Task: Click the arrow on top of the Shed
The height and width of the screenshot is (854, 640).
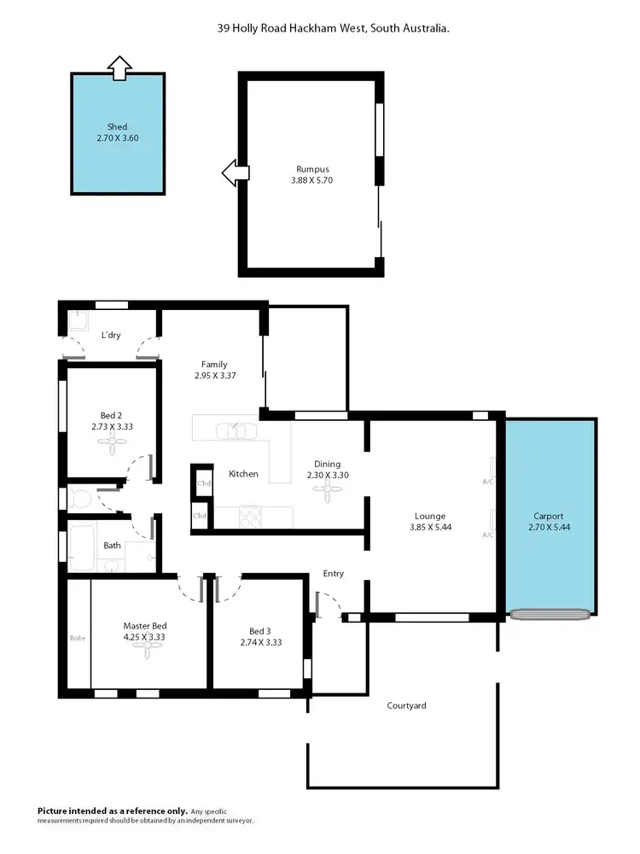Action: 120,67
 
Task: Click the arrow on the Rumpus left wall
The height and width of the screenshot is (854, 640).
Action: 234,173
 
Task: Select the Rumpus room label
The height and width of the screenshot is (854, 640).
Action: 312,169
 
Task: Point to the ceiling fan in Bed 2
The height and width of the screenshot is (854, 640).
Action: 112,441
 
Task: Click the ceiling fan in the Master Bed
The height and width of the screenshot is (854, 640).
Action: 151,649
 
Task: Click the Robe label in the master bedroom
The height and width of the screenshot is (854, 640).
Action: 78,637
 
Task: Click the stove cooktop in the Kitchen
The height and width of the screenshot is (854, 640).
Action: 250,515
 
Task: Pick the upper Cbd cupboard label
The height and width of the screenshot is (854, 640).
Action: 203,483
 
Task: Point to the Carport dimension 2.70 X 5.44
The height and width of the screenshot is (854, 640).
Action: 549,528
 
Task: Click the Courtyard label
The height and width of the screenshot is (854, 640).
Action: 406,705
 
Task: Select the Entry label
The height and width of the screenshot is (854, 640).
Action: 333,574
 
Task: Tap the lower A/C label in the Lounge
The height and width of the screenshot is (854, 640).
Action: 487,535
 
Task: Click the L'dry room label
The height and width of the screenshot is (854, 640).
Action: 111,335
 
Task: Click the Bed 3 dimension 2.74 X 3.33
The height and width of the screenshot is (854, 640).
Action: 260,642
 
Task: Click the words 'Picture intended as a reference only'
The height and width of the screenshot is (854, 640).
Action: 110,810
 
